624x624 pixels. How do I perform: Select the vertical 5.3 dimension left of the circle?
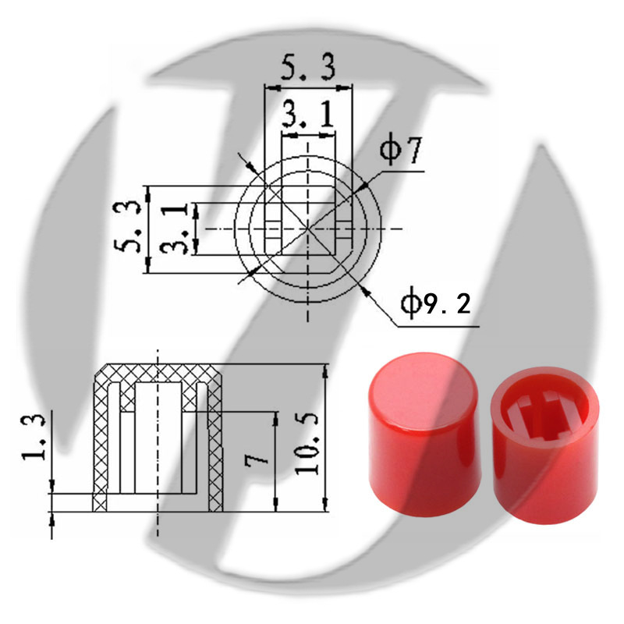click(127, 227)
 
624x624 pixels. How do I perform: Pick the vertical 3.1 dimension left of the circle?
click(173, 229)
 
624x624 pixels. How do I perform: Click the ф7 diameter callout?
click(400, 151)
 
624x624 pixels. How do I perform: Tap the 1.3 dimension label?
click(34, 438)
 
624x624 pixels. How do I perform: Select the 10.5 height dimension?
click(307, 443)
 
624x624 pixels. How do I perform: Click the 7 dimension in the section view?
click(257, 459)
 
